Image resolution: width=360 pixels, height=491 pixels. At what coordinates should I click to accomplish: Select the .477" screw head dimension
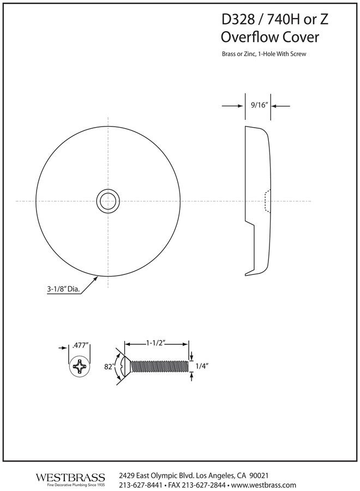point(80,345)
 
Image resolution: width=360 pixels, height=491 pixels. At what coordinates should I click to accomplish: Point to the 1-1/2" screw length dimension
point(156,343)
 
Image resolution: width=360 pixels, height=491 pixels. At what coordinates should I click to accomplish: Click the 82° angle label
point(108,367)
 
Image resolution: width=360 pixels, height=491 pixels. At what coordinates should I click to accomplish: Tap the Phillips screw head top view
point(80,366)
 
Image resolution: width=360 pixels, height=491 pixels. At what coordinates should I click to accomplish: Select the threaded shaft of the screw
point(159,367)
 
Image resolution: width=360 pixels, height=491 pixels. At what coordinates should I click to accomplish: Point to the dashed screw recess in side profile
point(267,201)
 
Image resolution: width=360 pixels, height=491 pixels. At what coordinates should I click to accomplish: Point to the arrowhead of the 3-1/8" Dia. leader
point(98,277)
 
